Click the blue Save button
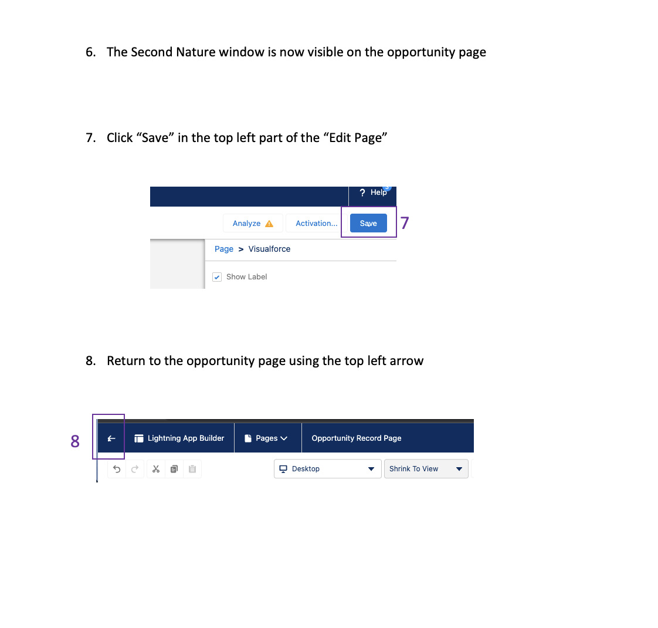[368, 223]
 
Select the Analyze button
[253, 223]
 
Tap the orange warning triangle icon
[269, 224]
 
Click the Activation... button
[317, 223]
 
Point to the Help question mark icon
[362, 193]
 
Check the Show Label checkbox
[217, 277]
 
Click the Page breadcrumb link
[223, 249]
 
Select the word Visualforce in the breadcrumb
[269, 249]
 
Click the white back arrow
[111, 438]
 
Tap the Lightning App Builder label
[185, 438]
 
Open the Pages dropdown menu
[272, 438]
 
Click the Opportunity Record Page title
[357, 438]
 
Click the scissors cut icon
[156, 469]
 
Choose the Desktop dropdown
[327, 468]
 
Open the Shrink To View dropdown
[426, 468]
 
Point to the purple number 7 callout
[405, 222]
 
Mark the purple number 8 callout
[75, 441]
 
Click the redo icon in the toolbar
[135, 469]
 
